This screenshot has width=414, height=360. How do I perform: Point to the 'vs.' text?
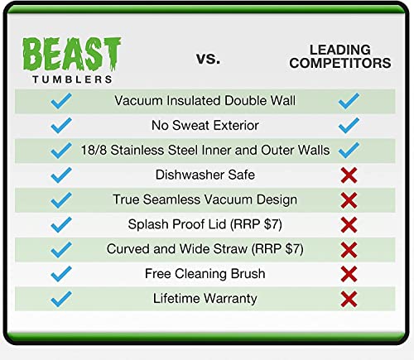pos(207,58)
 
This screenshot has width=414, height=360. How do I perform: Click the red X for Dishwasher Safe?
pos(349,175)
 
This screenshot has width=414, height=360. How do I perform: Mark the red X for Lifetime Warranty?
pos(349,299)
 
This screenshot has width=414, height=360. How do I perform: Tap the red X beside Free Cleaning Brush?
pos(349,274)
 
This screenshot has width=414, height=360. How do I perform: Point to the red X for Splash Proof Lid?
pos(349,224)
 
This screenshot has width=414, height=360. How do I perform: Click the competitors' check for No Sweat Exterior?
pos(349,126)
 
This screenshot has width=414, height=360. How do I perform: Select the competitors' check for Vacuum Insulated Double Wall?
pos(349,101)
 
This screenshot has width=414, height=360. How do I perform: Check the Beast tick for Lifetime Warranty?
pos(61,298)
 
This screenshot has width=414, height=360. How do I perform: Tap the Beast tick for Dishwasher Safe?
pos(61,175)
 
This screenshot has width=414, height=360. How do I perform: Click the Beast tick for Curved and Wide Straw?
pos(61,248)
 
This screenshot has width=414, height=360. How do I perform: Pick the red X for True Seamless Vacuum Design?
pos(349,200)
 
